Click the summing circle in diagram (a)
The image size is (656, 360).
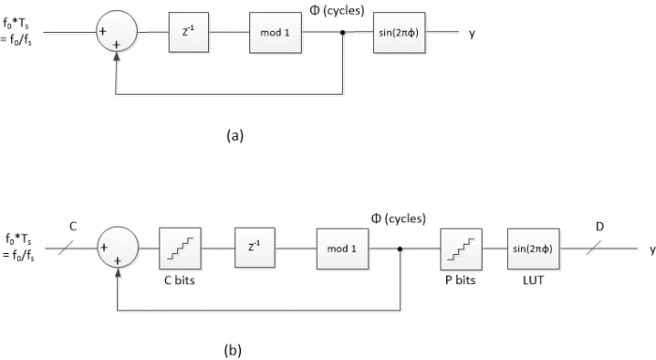(x=117, y=33)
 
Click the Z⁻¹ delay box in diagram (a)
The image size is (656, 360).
(x=188, y=33)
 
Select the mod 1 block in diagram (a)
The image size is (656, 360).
(x=279, y=33)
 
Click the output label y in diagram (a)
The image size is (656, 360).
(x=472, y=34)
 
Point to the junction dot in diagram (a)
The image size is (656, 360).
(x=344, y=33)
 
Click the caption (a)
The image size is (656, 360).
(x=234, y=135)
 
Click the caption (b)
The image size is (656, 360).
(x=234, y=351)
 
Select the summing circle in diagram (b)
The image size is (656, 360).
(x=117, y=249)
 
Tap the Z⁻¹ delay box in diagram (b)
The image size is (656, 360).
(x=253, y=249)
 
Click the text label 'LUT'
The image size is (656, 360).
(x=532, y=280)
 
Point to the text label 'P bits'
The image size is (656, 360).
(x=461, y=280)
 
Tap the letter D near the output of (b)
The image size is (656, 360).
(x=599, y=227)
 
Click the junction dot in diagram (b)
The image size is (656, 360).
(x=401, y=249)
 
